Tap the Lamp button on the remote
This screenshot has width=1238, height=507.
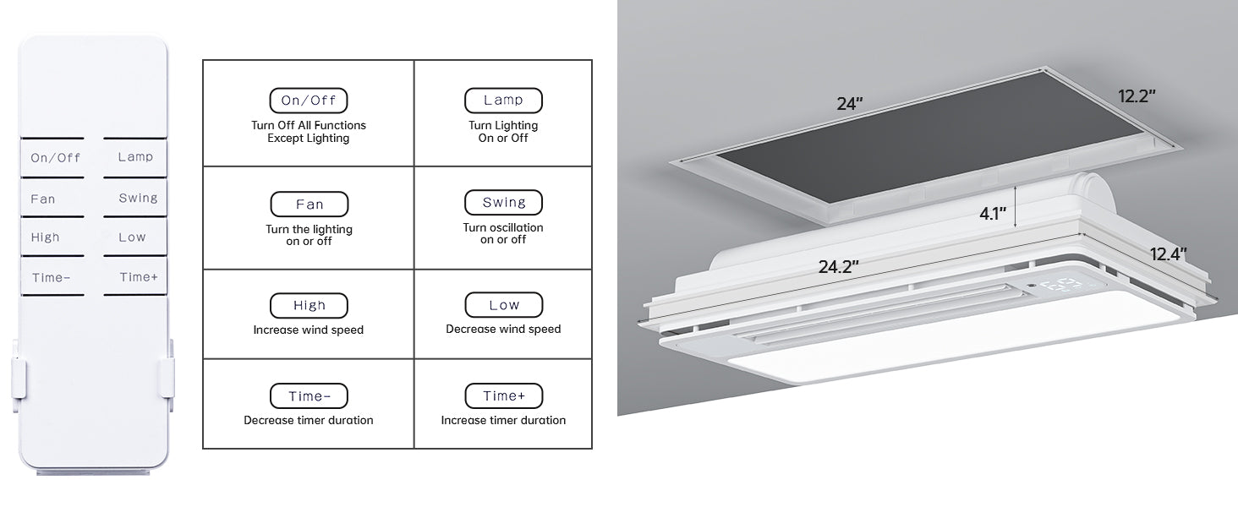(134, 157)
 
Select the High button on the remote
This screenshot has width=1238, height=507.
(52, 237)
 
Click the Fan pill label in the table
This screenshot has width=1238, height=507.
(309, 204)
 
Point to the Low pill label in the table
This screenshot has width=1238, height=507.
(503, 305)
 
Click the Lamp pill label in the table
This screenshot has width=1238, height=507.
(503, 100)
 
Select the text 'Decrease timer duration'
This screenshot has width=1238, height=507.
(309, 420)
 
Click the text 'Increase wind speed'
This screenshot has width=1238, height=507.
(309, 330)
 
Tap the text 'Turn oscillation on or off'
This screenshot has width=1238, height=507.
(503, 233)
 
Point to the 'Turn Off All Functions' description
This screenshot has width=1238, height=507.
(309, 125)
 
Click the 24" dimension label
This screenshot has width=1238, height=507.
(850, 103)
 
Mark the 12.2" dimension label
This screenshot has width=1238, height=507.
(1137, 96)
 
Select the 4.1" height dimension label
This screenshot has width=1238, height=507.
(993, 214)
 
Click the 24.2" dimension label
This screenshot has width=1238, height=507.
(838, 267)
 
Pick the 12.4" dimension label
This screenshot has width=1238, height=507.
(1169, 254)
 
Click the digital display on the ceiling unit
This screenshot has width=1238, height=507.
(1060, 286)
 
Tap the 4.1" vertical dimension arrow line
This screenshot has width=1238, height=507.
(1016, 207)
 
